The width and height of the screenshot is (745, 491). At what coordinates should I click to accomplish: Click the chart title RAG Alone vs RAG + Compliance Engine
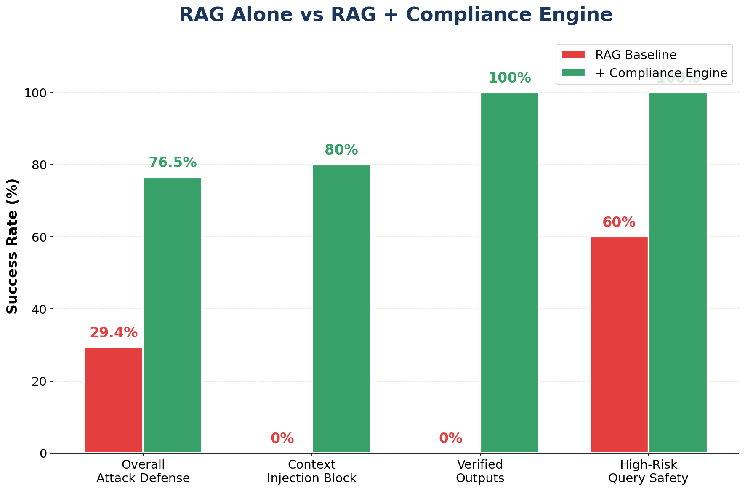click(396, 15)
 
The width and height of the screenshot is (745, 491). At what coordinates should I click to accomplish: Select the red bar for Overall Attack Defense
click(114, 400)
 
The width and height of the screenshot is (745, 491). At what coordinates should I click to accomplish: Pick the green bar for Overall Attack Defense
click(173, 316)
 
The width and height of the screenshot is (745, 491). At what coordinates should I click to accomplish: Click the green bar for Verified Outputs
click(509, 274)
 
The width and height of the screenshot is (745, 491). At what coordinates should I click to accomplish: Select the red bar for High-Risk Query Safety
click(619, 345)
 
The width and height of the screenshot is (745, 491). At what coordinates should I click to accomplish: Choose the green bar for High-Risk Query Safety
click(678, 274)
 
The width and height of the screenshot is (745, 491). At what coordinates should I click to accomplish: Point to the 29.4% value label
click(114, 333)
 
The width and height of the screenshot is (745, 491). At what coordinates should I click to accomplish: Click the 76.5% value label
click(173, 163)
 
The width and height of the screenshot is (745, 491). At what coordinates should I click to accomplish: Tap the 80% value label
click(341, 150)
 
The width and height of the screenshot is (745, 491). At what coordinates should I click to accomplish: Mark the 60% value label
click(619, 222)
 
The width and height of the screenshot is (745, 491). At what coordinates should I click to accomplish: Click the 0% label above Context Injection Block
click(282, 438)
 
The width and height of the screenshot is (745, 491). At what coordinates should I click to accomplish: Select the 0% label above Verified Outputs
click(450, 438)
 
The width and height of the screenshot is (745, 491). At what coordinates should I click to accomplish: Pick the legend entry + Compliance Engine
click(661, 73)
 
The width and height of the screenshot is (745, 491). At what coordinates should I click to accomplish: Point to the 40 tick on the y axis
click(40, 309)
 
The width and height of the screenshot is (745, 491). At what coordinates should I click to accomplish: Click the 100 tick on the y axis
click(37, 93)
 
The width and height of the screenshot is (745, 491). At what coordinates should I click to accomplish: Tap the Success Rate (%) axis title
click(13, 246)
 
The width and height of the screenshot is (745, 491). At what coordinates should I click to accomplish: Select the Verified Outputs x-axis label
click(480, 471)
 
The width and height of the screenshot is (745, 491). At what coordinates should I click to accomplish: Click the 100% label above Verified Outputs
click(509, 78)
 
